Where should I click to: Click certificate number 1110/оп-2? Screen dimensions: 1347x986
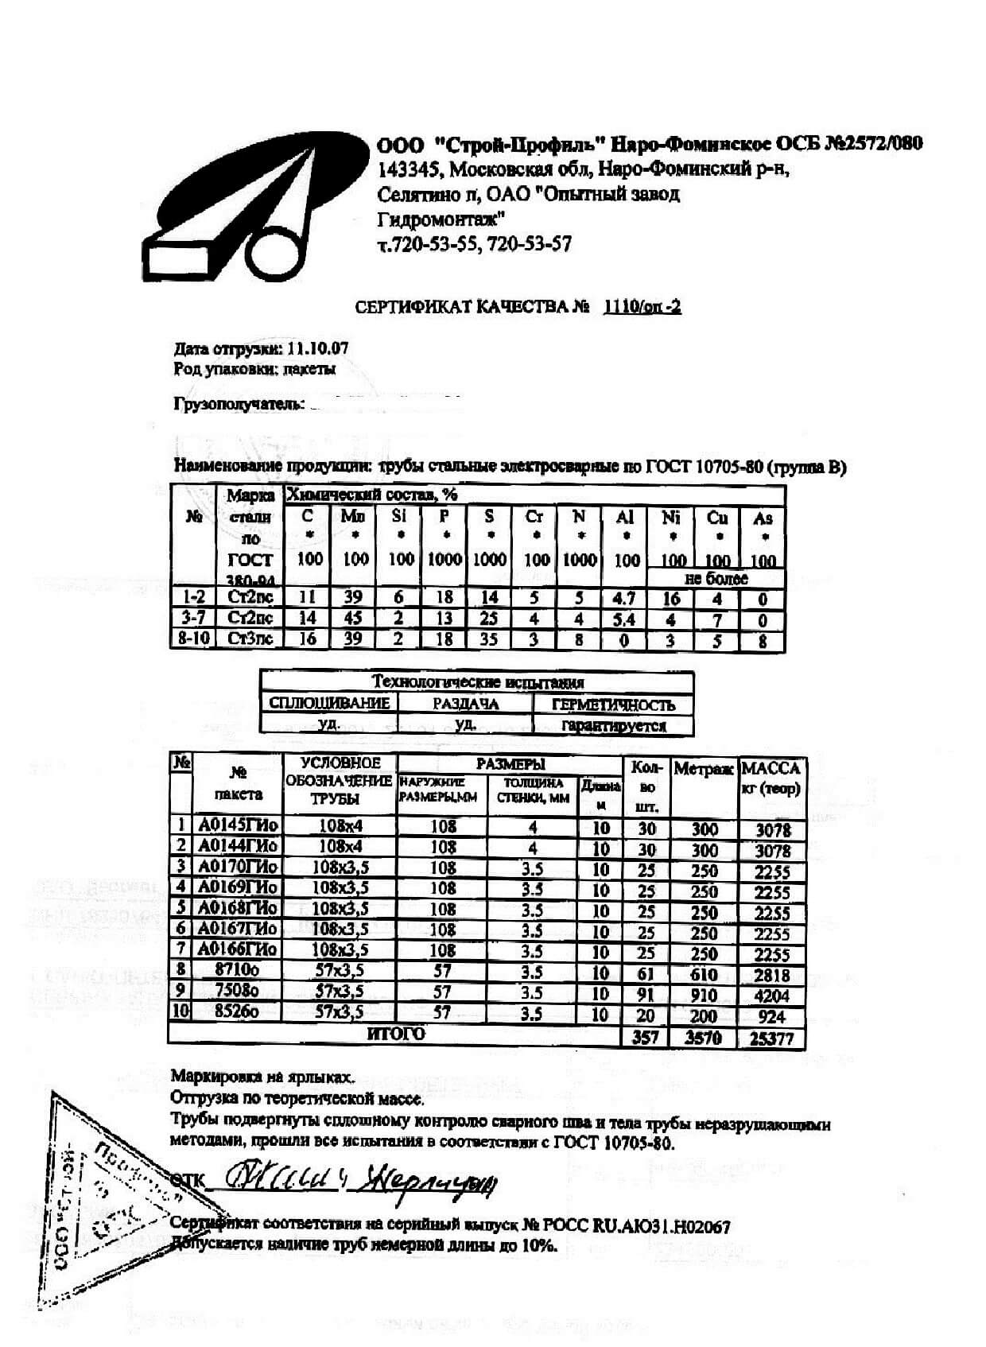[x=642, y=307]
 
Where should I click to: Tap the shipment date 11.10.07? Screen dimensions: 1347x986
[x=317, y=348]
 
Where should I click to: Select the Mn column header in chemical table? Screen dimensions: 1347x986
[x=354, y=518]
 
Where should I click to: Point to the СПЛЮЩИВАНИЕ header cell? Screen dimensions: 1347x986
[x=329, y=703]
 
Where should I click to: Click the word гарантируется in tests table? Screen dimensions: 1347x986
[x=613, y=725]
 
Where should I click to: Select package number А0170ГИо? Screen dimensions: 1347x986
[x=238, y=867]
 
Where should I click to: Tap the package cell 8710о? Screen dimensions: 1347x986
[x=238, y=970]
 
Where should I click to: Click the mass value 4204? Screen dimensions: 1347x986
[x=771, y=996]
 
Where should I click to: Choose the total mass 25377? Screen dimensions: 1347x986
[x=771, y=1038]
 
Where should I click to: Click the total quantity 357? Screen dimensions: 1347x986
[x=646, y=1038]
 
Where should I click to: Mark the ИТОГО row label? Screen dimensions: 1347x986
[x=395, y=1035]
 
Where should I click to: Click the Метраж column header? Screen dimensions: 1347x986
[x=704, y=768]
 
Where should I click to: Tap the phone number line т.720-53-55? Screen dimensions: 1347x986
[x=474, y=244]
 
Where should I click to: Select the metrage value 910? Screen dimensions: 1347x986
[x=704, y=996]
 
